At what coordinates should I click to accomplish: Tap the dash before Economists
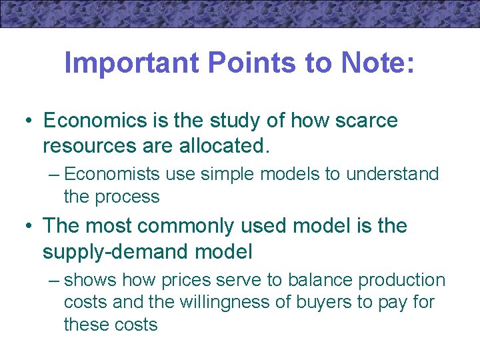(55, 175)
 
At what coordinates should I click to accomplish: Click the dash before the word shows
(55, 280)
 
